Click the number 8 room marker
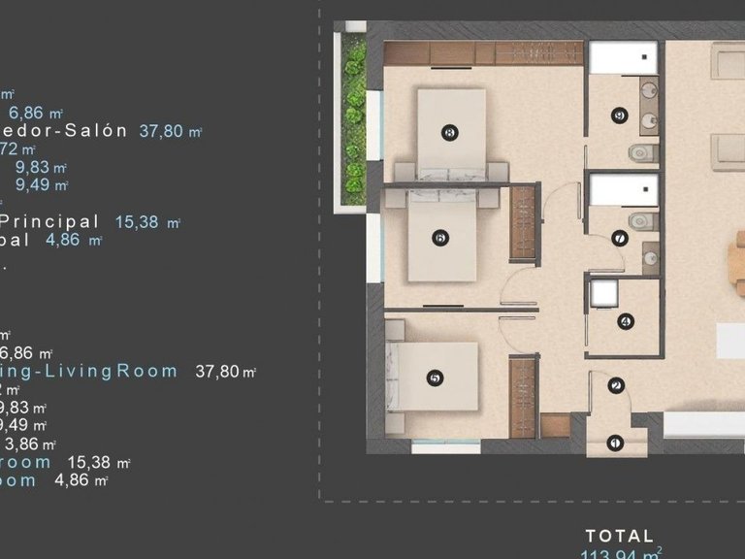coord(448,133)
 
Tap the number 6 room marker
coord(440,237)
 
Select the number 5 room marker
coord(434,378)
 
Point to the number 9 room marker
coord(618,116)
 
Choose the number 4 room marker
coord(625,321)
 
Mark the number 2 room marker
coord(616,386)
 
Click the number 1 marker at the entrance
coord(613,444)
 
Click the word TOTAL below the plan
coord(620,535)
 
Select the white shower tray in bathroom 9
coord(622,57)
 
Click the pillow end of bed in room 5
coord(397,378)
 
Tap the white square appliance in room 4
coord(605,292)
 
